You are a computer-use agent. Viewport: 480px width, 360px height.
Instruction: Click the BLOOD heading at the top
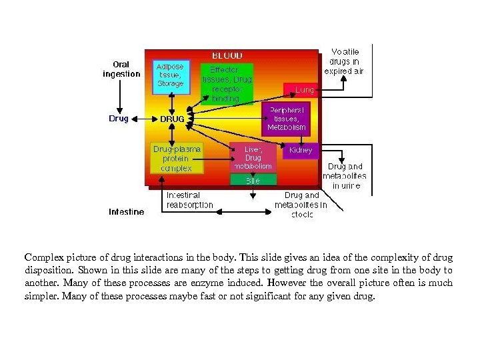tap(227, 55)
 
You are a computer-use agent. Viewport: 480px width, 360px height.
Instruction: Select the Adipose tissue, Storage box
tap(171, 75)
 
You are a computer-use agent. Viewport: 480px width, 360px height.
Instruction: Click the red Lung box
tap(301, 89)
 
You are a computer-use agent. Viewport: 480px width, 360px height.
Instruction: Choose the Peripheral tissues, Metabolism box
tap(287, 119)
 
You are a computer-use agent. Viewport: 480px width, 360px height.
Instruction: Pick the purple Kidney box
tap(300, 150)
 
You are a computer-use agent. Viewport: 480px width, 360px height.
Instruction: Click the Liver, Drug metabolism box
tap(253, 157)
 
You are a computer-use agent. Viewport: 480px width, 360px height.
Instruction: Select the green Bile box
tap(253, 180)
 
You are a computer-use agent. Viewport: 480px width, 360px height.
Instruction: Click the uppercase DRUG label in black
tap(172, 119)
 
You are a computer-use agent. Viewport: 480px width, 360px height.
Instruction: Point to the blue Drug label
tap(119, 119)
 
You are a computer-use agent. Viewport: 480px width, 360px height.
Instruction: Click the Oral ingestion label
tap(121, 69)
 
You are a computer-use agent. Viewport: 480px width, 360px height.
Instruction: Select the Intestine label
tap(126, 212)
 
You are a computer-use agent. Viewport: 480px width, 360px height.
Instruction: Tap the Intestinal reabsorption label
tap(189, 200)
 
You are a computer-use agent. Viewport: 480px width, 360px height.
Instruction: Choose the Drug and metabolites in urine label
tap(345, 176)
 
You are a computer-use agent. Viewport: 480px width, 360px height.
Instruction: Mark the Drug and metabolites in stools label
tap(301, 205)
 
